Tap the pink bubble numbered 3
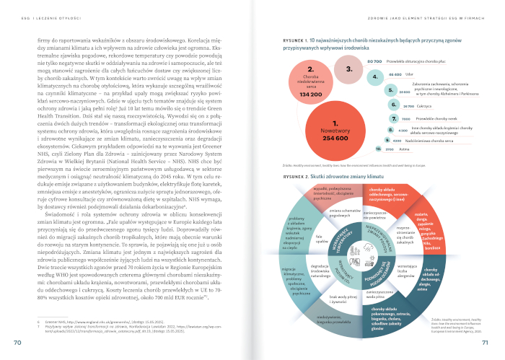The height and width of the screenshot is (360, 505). click(348, 70)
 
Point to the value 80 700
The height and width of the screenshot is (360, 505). click(374, 62)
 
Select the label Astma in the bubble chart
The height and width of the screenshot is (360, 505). click(405, 149)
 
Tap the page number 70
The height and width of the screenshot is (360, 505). click(17, 343)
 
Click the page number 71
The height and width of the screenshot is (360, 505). click(486, 343)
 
